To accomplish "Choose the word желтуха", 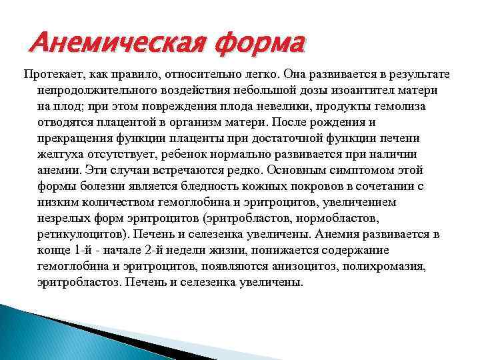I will [61, 155].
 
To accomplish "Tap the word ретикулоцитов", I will [82, 235].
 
